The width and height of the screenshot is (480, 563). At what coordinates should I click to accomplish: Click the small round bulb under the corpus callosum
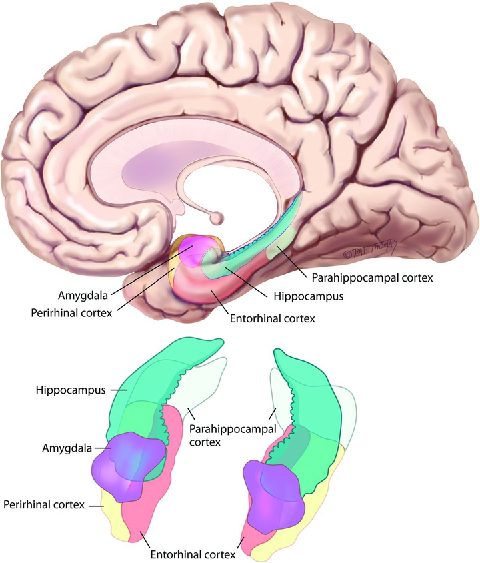click(216, 217)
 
